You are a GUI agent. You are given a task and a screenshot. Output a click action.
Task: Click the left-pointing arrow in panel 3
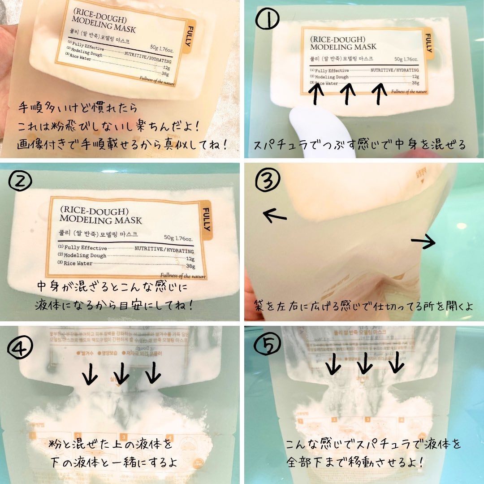tap(274, 216)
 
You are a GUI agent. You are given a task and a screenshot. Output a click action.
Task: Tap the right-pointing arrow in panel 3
tap(423, 242)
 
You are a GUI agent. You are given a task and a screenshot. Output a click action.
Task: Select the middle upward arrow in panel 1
tap(347, 94)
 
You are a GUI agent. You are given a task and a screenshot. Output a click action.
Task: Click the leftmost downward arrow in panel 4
tap(91, 373)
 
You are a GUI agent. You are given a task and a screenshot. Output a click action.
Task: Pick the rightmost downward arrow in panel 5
tap(396, 362)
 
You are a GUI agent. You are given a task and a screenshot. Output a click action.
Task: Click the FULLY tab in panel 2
tap(205, 220)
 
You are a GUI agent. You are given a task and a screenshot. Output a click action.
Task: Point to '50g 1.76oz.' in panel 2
tap(178, 238)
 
